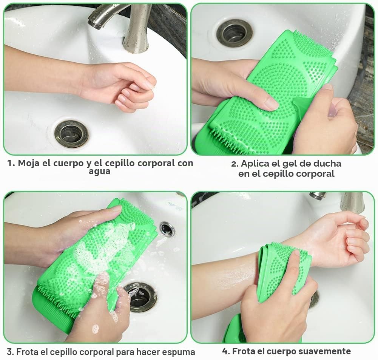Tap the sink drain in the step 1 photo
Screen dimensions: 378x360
pos(71,134)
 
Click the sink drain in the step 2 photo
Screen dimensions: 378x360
pos(234,33)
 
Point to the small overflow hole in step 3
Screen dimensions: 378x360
pos(167,229)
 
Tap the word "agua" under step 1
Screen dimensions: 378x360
pos(99,172)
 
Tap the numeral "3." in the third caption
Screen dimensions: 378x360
pos(10,352)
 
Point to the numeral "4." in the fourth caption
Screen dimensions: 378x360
pos(226,351)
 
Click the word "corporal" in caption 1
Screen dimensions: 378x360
pos(157,163)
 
